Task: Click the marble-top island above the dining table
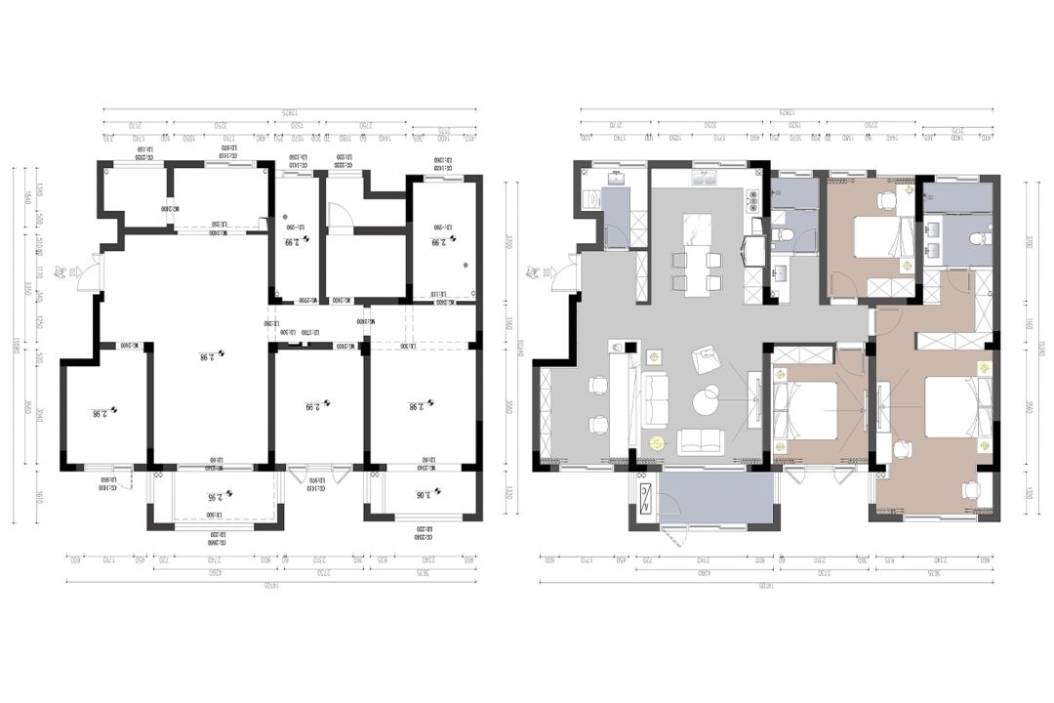[x=697, y=227]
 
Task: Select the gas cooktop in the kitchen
[x=752, y=201]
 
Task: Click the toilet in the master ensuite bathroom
[x=979, y=237]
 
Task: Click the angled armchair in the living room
[x=704, y=359]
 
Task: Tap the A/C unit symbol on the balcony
[x=645, y=499]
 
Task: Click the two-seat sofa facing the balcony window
[x=701, y=441]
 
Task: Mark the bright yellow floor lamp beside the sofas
[x=657, y=442]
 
